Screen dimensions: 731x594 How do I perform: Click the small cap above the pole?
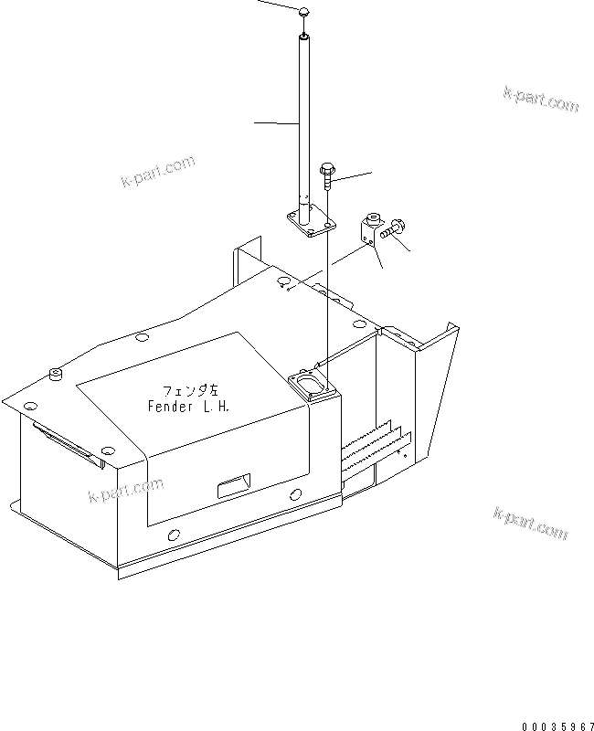tap(303, 11)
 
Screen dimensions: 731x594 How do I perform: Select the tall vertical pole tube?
tap(303, 119)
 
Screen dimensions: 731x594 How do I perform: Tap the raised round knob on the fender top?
tap(54, 372)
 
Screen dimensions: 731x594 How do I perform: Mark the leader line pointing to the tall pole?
tap(275, 122)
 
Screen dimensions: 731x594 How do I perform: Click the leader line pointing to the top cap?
tap(274, 4)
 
